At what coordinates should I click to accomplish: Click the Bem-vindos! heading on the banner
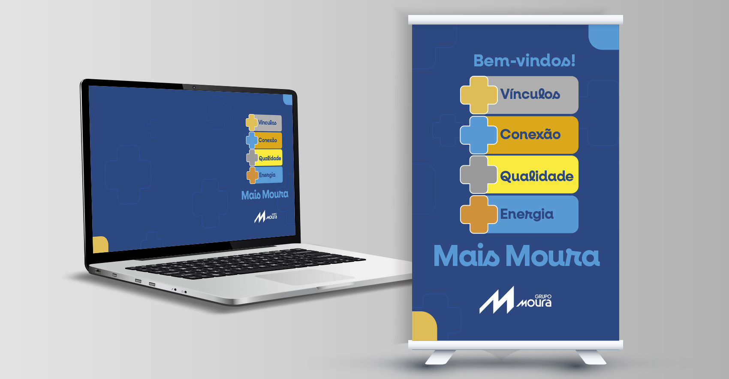pos(524,61)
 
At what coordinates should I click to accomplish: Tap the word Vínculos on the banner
pos(530,94)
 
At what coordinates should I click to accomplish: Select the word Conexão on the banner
pos(530,134)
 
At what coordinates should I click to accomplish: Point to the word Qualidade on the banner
pos(536,176)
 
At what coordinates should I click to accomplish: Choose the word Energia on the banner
pos(527,215)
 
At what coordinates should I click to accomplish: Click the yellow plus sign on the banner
pos(479,95)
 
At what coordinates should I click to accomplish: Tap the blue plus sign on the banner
pos(479,135)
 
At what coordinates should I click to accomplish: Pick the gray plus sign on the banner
pos(479,175)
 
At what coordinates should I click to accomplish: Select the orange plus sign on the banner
pos(479,215)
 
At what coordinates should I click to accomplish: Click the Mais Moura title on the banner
pos(516,256)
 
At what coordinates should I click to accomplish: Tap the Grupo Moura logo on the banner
pos(515,300)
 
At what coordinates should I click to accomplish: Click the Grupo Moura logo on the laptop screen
pos(265,216)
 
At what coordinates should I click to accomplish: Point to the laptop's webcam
pos(194,87)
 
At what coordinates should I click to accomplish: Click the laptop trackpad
pos(305,277)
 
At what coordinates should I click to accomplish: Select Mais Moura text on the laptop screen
pos(265,195)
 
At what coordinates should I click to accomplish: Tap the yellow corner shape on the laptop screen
pos(100,245)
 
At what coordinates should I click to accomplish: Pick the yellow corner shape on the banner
pos(425,326)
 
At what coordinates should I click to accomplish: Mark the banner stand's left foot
pos(440,357)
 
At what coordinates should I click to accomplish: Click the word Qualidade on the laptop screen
pos(270,158)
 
